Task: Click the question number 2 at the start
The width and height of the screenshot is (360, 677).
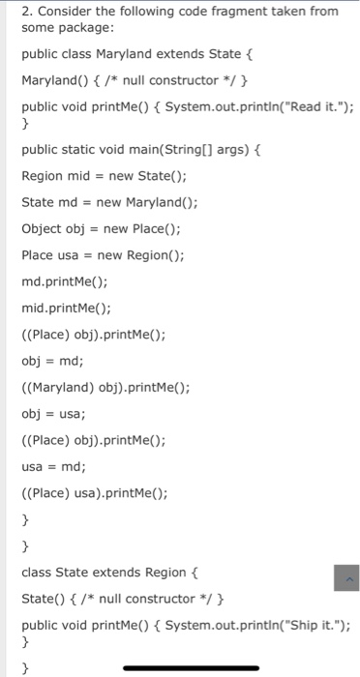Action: (25, 12)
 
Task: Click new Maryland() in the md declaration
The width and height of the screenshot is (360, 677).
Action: (146, 202)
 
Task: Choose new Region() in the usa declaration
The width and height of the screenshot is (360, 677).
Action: (141, 255)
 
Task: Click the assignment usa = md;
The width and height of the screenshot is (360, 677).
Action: (54, 465)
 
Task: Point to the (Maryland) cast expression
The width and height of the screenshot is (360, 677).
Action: (59, 387)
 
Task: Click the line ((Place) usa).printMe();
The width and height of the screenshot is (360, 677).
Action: (94, 491)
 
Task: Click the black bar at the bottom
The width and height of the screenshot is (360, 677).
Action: (192, 667)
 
